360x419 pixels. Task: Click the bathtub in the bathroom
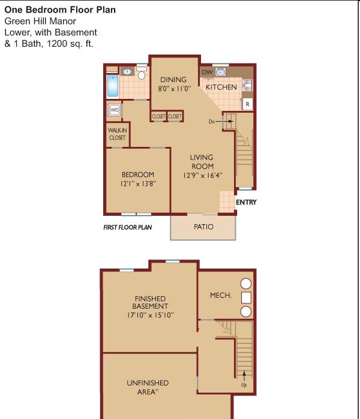[113, 86]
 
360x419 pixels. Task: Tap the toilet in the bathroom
[142, 73]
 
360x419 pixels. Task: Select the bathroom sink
[127, 71]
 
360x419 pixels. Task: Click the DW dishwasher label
[207, 72]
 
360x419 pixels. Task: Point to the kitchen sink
[221, 72]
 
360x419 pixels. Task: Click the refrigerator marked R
[247, 104]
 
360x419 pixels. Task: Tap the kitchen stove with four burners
[247, 85]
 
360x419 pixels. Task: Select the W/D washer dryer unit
[115, 110]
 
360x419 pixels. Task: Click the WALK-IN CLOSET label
[118, 134]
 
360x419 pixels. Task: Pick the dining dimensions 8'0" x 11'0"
[175, 89]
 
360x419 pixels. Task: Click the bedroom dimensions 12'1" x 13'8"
[138, 184]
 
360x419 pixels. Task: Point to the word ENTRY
[246, 202]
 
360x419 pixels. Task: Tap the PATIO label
[203, 227]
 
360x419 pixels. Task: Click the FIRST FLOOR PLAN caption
[128, 227]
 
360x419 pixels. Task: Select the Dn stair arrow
[224, 121]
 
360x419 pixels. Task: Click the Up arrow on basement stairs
[244, 376]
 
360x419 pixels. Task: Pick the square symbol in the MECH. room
[246, 298]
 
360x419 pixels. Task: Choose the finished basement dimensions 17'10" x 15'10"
[151, 315]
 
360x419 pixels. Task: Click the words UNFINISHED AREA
[148, 387]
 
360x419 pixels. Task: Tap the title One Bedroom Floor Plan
[60, 10]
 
